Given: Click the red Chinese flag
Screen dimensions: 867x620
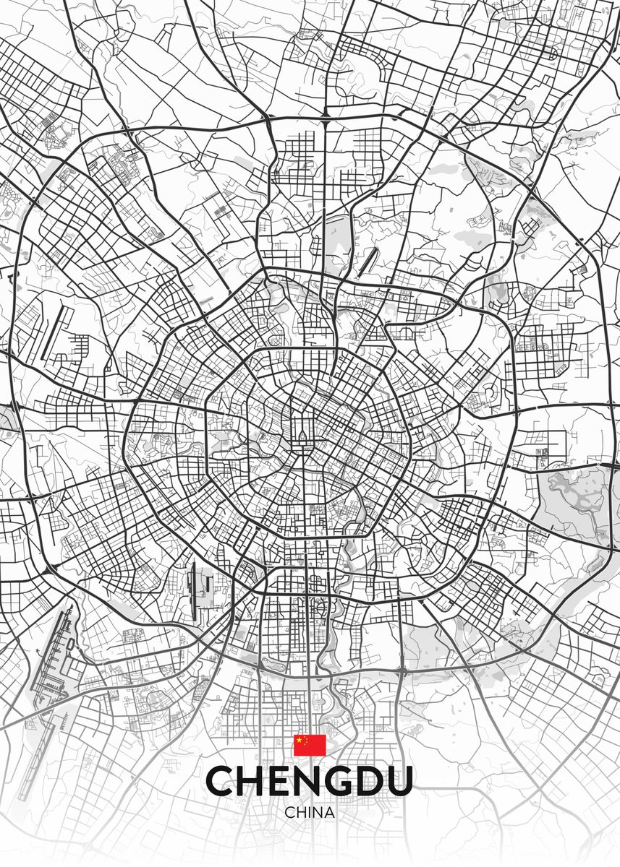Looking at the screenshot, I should click(310, 745).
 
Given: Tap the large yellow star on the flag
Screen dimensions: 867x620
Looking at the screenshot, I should click(300, 741).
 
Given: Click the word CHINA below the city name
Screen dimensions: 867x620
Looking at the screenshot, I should click(310, 812).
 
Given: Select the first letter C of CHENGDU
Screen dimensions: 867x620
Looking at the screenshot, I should click(221, 781).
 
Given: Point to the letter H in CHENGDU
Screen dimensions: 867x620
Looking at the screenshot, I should click(253, 781).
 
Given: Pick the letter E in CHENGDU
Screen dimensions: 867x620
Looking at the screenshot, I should click(282, 781).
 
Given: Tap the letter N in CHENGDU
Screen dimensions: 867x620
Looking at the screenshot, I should click(311, 781).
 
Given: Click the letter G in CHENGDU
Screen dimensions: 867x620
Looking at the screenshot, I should click(343, 781).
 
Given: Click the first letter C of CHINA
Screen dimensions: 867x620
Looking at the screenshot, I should click(290, 812).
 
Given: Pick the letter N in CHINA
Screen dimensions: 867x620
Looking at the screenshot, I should click(318, 812).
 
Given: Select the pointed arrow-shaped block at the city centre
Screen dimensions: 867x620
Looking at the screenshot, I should click(301, 433).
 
